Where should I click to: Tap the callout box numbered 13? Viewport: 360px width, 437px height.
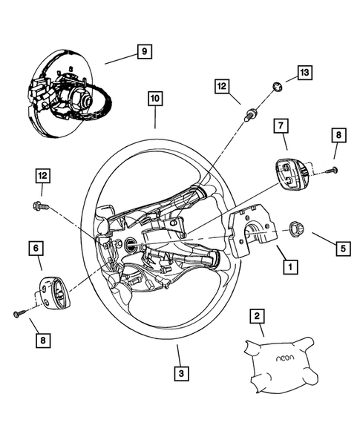tap(304, 72)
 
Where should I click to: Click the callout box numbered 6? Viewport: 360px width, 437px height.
tap(35, 248)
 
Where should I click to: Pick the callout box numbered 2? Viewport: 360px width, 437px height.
tap(257, 318)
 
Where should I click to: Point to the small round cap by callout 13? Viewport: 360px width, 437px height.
tap(276, 87)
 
